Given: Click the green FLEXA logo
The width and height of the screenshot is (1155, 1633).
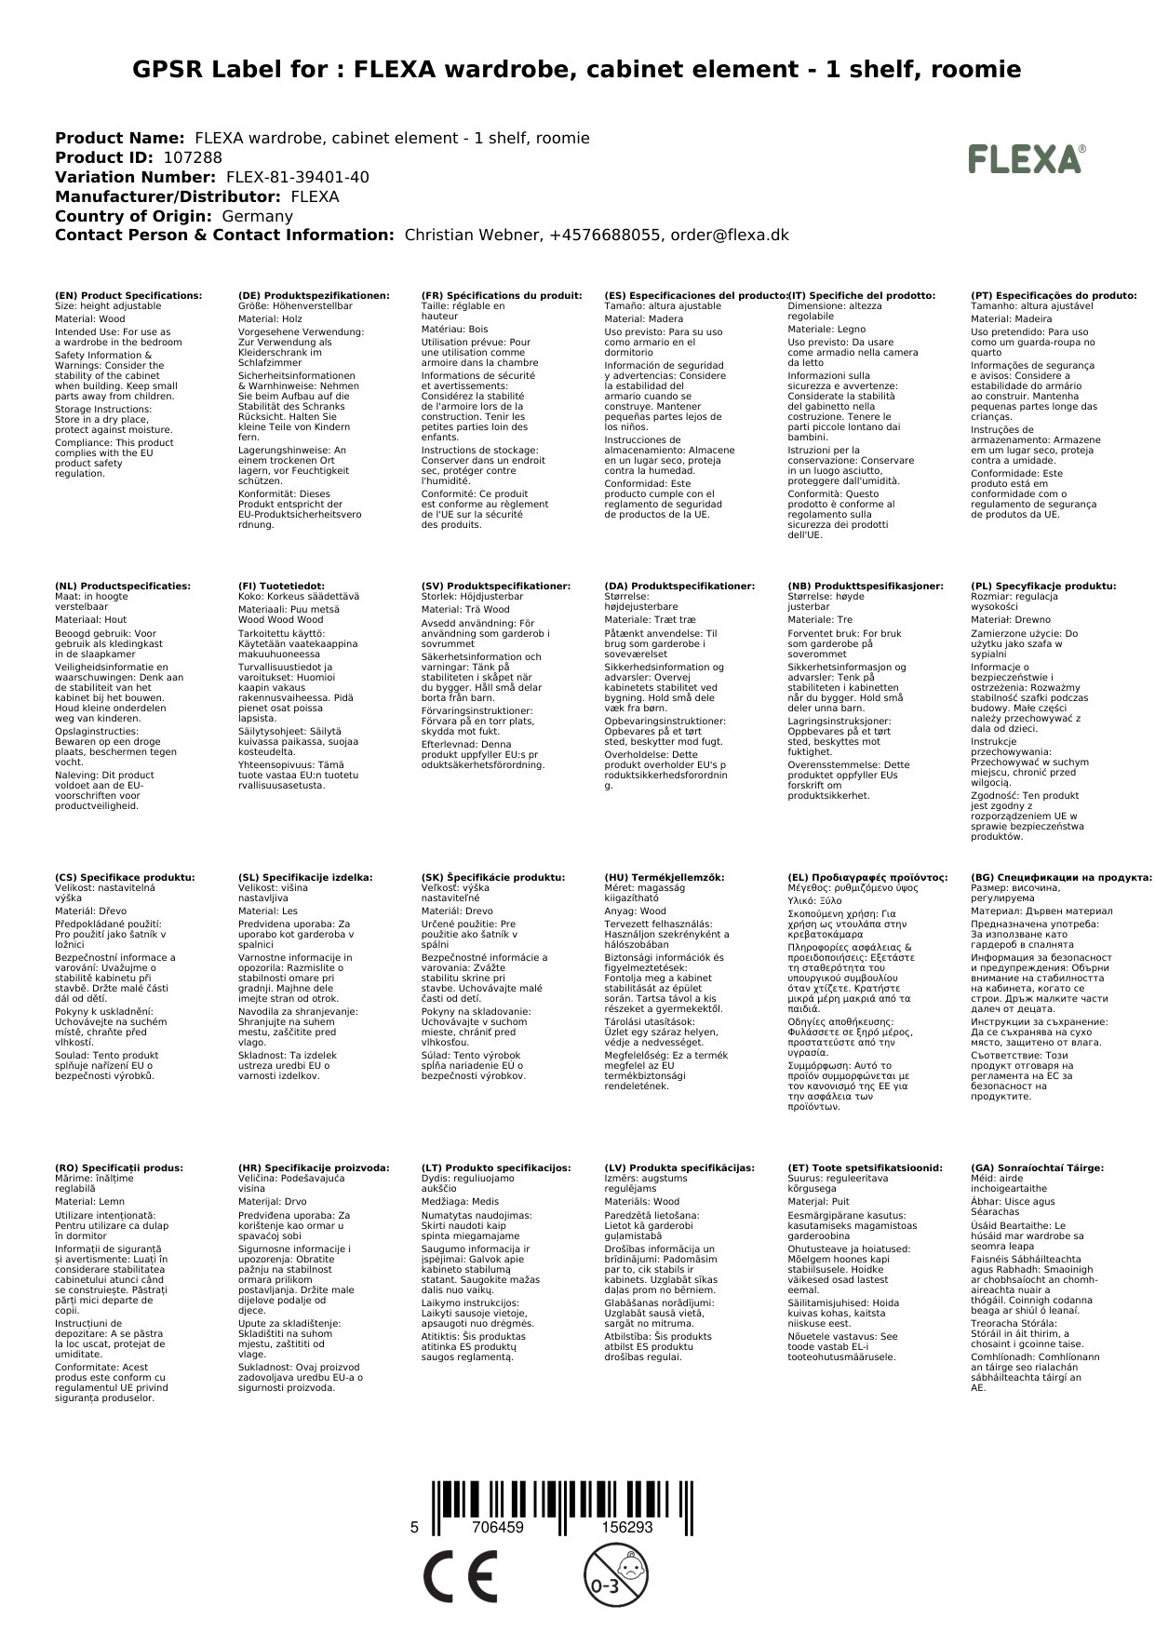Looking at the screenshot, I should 1026,159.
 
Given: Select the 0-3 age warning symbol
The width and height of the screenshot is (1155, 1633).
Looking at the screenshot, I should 608,1575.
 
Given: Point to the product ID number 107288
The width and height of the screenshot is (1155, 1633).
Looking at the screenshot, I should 193,157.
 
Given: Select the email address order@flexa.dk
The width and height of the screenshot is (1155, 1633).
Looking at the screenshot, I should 728,235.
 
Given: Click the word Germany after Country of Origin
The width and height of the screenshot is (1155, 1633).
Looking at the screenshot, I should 257,216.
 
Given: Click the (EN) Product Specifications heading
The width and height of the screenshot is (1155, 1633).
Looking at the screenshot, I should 128,295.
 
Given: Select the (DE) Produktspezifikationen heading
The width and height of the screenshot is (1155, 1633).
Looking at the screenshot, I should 314,295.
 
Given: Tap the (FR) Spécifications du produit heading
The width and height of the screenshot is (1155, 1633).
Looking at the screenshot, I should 502,295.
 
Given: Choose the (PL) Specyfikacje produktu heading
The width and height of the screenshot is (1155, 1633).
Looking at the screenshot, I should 1043,587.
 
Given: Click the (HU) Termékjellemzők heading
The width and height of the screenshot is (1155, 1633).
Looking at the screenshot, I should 664,877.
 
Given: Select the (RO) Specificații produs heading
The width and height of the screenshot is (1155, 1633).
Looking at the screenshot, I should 119,1167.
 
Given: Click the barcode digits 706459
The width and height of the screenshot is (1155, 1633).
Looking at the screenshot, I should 498,1528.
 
